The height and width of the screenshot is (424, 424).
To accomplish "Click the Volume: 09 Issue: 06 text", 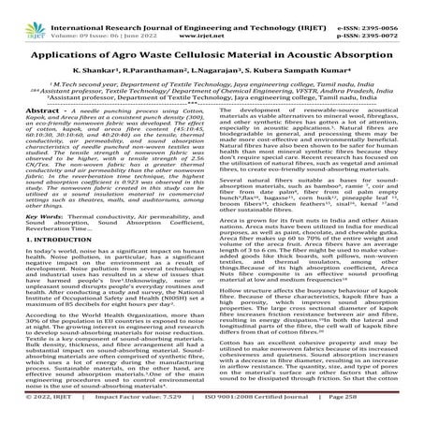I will point(96,17).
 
